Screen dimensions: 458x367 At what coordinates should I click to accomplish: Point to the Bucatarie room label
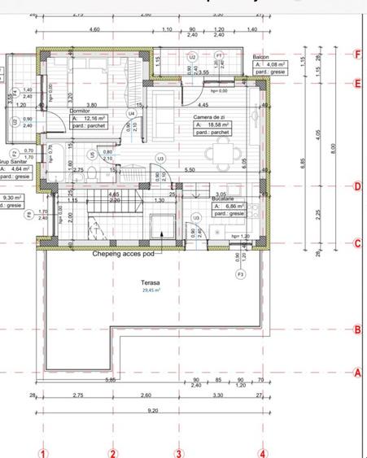coord(225,200)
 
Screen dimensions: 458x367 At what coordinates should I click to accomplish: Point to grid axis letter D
coord(358,186)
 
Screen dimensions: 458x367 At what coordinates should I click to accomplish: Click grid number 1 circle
coord(45,453)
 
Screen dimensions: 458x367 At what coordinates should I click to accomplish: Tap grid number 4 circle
coord(263,453)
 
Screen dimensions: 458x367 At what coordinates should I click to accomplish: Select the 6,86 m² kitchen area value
coord(227,207)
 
